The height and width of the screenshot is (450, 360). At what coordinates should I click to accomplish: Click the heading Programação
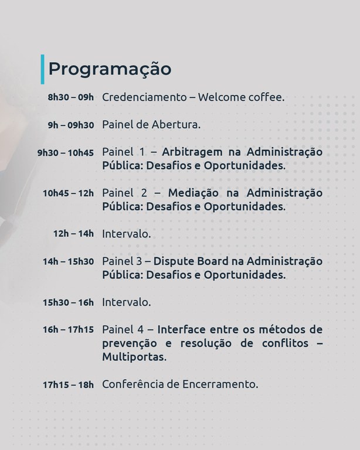tap(110, 69)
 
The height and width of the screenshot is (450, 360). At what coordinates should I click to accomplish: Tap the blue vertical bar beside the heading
tap(42, 69)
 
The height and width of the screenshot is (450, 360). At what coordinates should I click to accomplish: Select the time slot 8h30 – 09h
tap(70, 97)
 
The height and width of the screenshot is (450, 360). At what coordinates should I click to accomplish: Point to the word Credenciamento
tap(144, 97)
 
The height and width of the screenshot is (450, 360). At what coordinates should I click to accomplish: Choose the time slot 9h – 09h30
tap(70, 124)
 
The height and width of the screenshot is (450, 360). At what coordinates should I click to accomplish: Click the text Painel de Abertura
tap(151, 124)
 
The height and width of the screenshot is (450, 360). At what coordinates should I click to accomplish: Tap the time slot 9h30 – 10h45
tap(65, 152)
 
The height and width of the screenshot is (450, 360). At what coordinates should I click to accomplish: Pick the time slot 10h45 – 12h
tap(68, 193)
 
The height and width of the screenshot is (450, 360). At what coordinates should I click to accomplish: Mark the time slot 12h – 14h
tap(73, 234)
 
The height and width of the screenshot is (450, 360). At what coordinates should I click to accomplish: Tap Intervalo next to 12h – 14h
tap(126, 234)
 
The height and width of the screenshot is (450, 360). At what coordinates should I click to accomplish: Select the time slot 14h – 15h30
tap(68, 261)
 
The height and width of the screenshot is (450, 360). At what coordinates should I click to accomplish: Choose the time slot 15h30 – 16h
tap(68, 302)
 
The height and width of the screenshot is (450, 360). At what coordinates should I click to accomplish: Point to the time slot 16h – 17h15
tap(68, 330)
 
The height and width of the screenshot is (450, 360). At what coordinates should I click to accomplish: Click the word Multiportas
tap(134, 357)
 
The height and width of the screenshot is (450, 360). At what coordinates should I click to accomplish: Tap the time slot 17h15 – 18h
tap(68, 385)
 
